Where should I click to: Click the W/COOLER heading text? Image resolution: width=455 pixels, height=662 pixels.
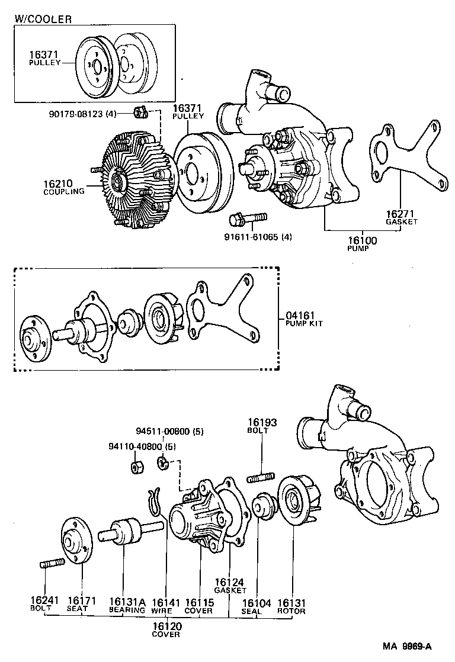43,19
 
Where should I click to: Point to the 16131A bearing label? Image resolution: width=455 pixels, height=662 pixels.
126,602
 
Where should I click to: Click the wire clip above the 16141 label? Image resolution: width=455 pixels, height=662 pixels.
155,502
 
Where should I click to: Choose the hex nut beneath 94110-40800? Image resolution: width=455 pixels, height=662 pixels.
135,467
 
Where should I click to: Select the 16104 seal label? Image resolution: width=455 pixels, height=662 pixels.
257,603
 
